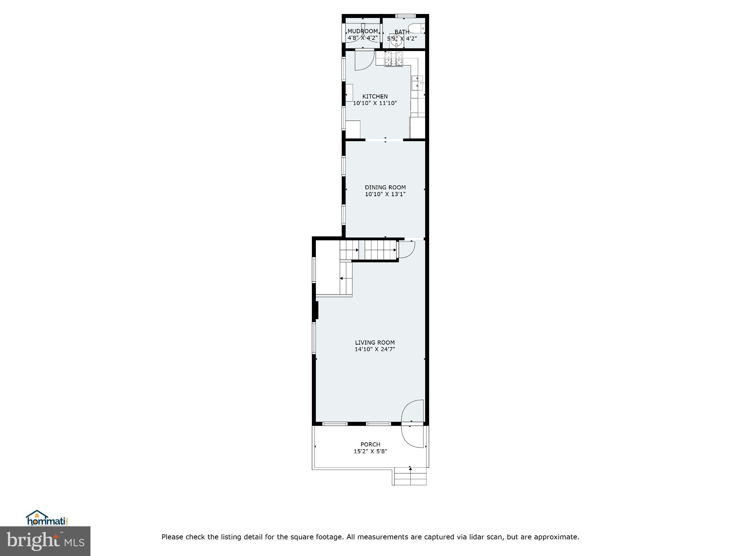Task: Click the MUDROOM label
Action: click(363, 31)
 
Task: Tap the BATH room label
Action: click(402, 32)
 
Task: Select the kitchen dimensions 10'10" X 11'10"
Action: click(375, 103)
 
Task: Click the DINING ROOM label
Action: click(385, 187)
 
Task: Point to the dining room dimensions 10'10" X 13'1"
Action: click(385, 194)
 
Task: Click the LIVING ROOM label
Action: click(374, 342)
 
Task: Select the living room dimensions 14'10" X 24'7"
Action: click(374, 349)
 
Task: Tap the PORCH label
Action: click(370, 445)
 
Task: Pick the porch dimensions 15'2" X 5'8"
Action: click(370, 451)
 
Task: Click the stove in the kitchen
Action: click(393, 59)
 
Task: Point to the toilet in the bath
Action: click(416, 28)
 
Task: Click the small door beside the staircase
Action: click(406, 249)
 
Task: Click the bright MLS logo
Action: click(45, 541)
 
